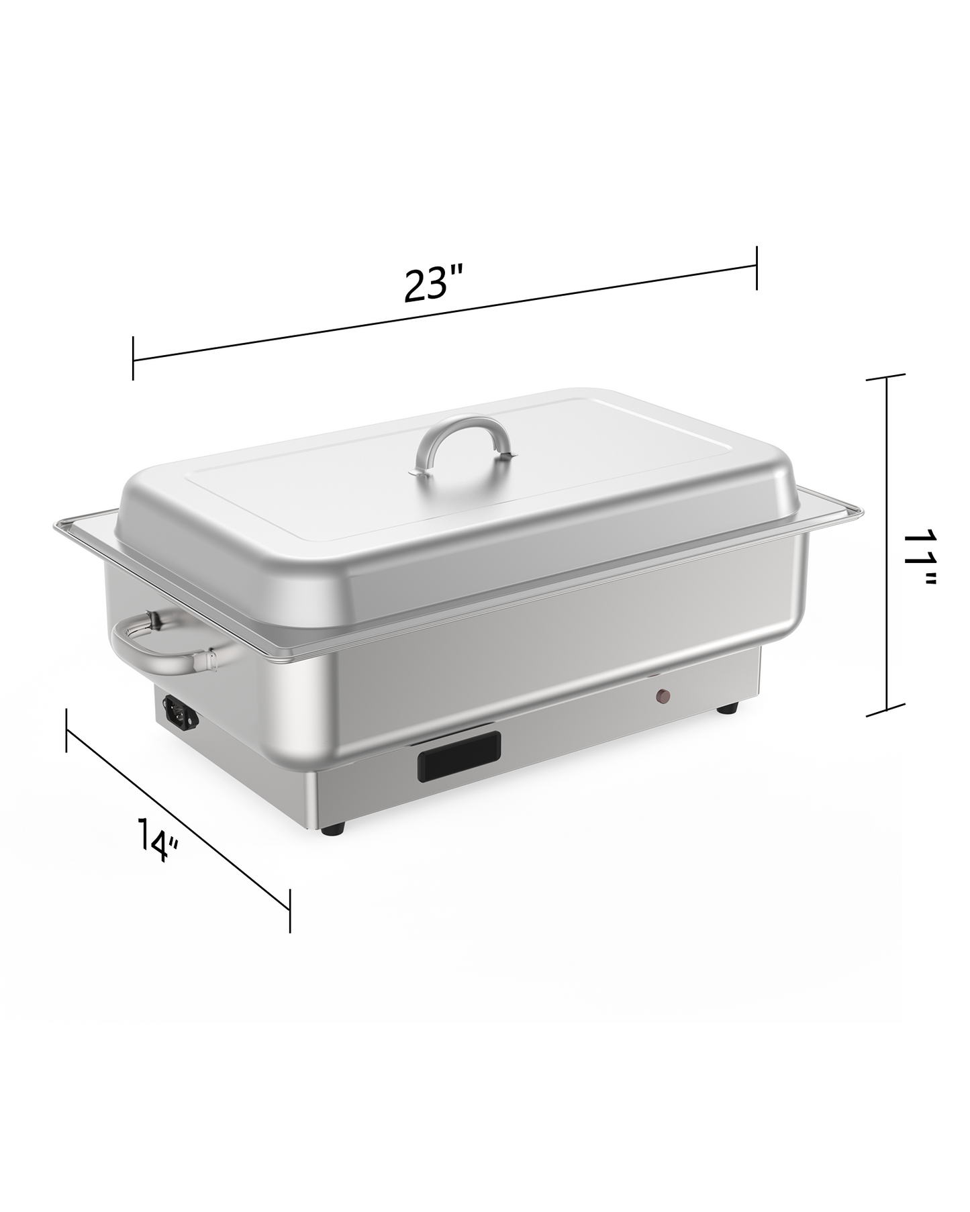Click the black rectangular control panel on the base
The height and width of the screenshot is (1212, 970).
tap(459, 756)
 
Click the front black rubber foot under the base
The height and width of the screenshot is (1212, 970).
tap(333, 829)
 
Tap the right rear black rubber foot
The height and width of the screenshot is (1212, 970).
tap(726, 708)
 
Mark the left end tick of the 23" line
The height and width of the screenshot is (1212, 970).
tap(133, 358)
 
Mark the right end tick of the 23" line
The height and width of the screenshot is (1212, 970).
tap(757, 268)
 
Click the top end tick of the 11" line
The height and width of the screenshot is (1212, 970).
tap(887, 379)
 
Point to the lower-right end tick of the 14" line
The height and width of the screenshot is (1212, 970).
tap(289, 910)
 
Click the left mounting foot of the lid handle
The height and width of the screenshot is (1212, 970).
tap(420, 472)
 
